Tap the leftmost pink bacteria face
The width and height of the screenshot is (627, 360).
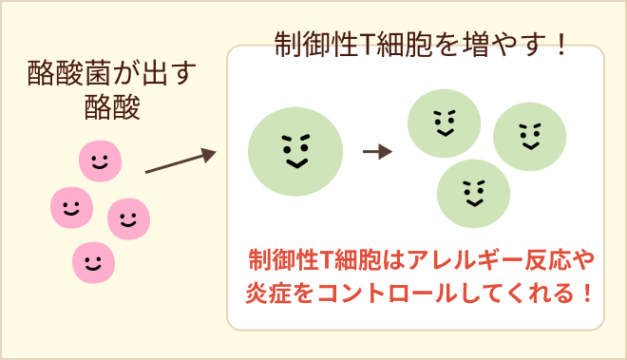[71, 205]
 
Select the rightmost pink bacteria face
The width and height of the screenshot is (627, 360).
[129, 219]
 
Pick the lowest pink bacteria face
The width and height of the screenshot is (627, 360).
[93, 259]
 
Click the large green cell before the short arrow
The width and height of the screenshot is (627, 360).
[295, 149]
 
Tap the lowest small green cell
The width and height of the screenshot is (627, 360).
[473, 190]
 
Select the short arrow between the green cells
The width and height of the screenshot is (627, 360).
[378, 151]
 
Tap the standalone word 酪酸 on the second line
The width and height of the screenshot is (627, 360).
[112, 108]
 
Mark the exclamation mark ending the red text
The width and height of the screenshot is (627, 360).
[585, 291]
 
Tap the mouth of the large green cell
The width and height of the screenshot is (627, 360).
[295, 164]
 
